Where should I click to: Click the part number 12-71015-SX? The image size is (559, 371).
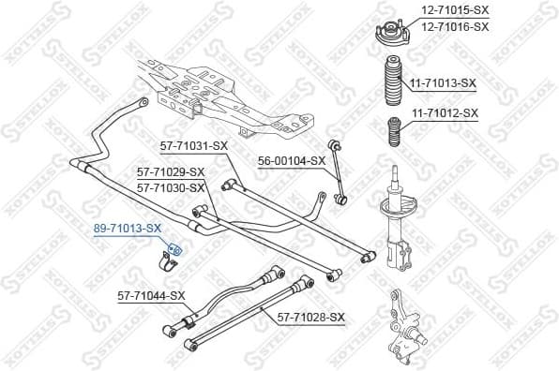click(x=454, y=11)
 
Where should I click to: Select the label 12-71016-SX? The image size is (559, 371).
click(x=454, y=26)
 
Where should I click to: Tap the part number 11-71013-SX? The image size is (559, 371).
click(x=442, y=82)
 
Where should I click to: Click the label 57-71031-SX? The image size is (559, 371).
click(x=193, y=145)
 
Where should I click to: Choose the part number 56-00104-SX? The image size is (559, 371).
click(x=292, y=160)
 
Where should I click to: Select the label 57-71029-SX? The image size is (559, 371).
click(x=170, y=171)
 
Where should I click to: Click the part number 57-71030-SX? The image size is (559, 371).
click(x=170, y=186)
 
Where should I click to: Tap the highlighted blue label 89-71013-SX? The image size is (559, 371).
click(x=126, y=228)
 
